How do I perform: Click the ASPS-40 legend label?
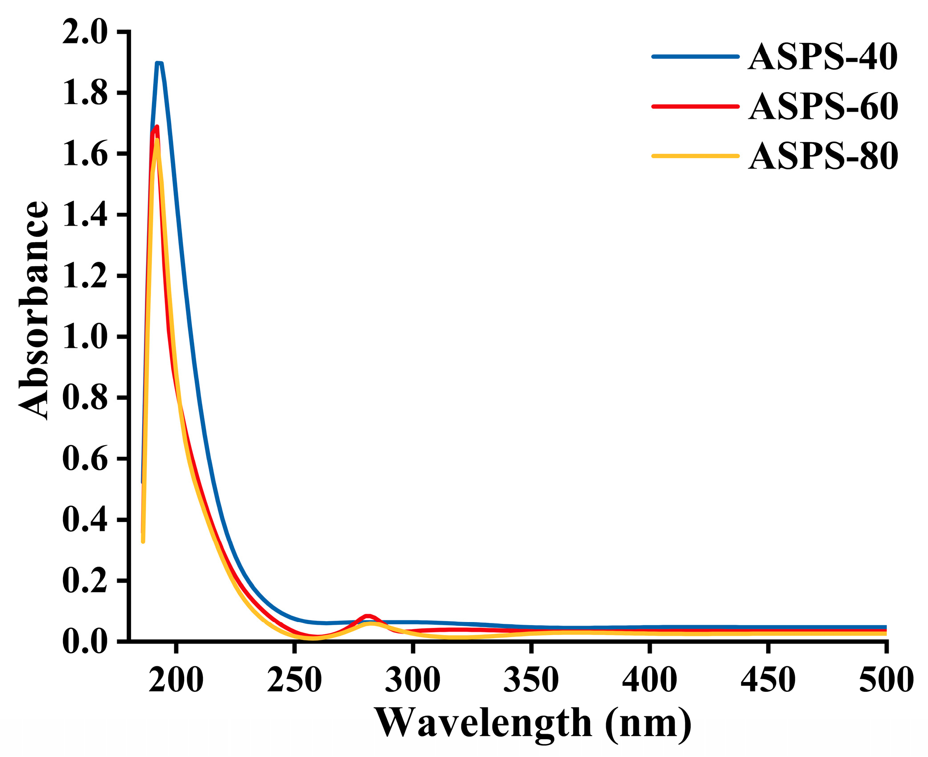point(822,57)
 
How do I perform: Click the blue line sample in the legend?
point(695,57)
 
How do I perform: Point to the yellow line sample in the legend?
point(695,156)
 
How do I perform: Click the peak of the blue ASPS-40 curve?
point(159,63)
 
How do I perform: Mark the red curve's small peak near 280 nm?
point(367,616)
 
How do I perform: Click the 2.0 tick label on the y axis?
point(85,32)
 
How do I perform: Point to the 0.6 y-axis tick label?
point(85,459)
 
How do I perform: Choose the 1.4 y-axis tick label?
point(85,215)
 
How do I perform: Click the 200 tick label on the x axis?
point(176,680)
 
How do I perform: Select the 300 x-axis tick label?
point(413,680)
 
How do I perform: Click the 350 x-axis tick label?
point(531,680)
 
